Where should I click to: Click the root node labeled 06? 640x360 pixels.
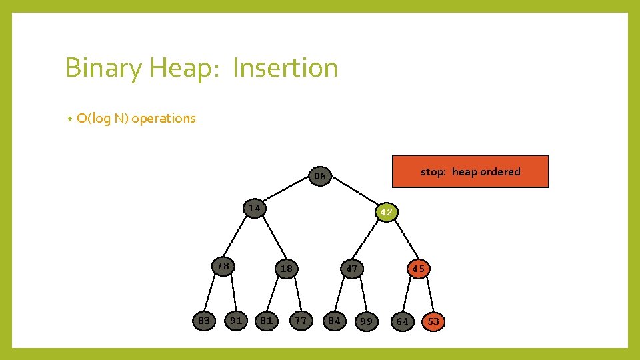pos(320,176)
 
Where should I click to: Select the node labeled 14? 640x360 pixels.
pos(253,208)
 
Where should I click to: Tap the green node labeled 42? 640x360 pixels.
pos(386,213)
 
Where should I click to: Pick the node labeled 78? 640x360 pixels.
pos(223,267)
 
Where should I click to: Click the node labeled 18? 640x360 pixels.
pos(287,269)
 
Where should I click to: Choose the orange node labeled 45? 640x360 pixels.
pos(418,269)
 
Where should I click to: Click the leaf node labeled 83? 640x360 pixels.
pos(204,321)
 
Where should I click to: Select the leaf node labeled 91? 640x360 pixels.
pos(236,321)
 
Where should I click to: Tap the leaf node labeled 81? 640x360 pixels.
pos(267,321)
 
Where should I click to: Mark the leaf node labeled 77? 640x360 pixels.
pos(301,321)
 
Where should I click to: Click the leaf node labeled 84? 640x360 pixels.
pos(334,321)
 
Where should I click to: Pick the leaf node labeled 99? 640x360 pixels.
pos(366,322)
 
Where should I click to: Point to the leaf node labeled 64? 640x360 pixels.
pos(402,322)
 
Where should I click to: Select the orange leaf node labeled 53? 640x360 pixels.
pos(433,322)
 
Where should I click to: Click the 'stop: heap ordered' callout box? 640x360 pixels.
pos(470,171)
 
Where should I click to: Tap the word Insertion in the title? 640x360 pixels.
pos(285,68)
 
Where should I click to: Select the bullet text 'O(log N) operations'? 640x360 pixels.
pos(136,119)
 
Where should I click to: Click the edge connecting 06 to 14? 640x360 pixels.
pos(287,191)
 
